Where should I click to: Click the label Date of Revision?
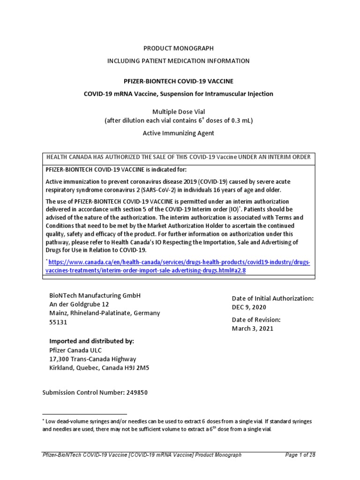pyautogui.click(x=256, y=320)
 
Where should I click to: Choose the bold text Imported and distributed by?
pyautogui.click(x=91, y=341)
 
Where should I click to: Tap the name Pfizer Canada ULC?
pyautogui.click(x=76, y=350)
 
